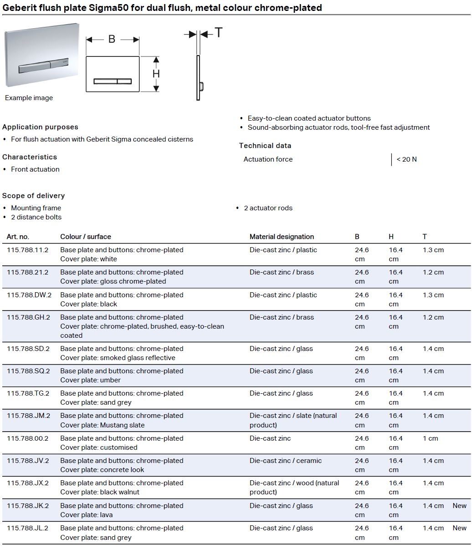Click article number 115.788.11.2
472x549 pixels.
click(27, 250)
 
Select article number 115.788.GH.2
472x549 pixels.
click(28, 317)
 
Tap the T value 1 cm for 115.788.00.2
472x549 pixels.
click(430, 438)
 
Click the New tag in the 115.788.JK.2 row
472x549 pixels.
click(459, 506)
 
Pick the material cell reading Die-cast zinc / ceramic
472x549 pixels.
click(285, 461)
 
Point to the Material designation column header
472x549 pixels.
click(282, 237)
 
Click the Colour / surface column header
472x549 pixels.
click(86, 237)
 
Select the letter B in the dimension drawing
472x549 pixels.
click(112, 40)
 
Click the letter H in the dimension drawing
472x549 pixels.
click(156, 74)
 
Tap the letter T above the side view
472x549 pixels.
click(219, 33)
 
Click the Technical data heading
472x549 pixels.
click(265, 146)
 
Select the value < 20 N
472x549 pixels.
click(406, 159)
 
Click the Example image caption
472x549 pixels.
click(29, 98)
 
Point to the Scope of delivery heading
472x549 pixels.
click(33, 196)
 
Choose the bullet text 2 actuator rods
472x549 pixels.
click(268, 208)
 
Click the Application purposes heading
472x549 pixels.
click(40, 127)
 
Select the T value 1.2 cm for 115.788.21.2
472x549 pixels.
click(433, 272)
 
